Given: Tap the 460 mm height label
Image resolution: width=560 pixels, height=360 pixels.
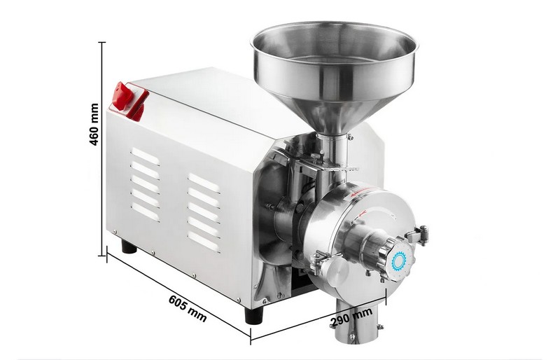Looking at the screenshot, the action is [94, 124].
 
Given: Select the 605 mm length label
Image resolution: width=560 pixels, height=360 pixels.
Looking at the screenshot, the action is [188, 308].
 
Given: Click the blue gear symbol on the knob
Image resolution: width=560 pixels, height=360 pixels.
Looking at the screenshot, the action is [399, 261].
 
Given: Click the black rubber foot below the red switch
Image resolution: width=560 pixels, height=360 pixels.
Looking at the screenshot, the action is [129, 247].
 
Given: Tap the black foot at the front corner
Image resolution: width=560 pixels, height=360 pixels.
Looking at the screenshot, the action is [254, 314].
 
